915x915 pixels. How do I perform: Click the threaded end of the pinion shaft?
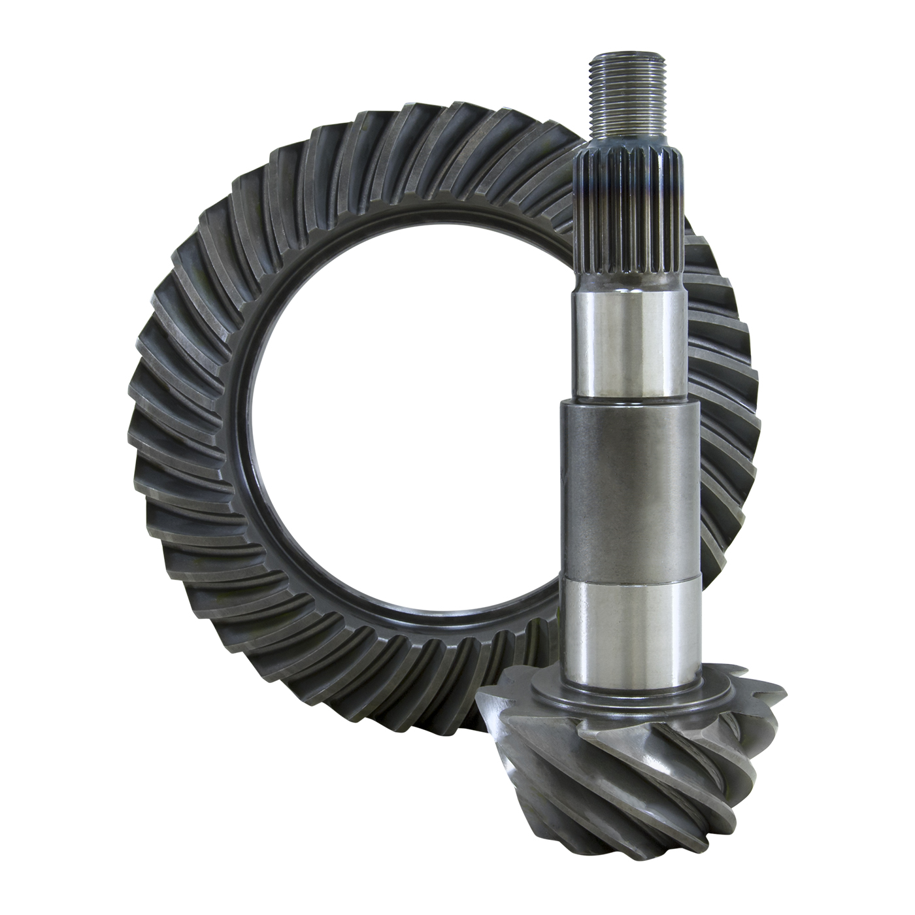coord(627,91)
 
